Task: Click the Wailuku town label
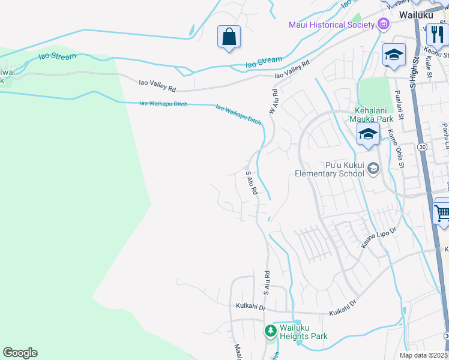pos(414,13)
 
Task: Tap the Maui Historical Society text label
pos(331,25)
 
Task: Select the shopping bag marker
pos(229,37)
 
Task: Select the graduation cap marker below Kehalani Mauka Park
pos(367,134)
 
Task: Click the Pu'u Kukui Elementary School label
pos(329,169)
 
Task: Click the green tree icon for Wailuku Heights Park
pos(271,331)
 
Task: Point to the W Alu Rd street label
pos(274,102)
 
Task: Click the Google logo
pos(20,353)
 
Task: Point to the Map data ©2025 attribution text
pos(423,355)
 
